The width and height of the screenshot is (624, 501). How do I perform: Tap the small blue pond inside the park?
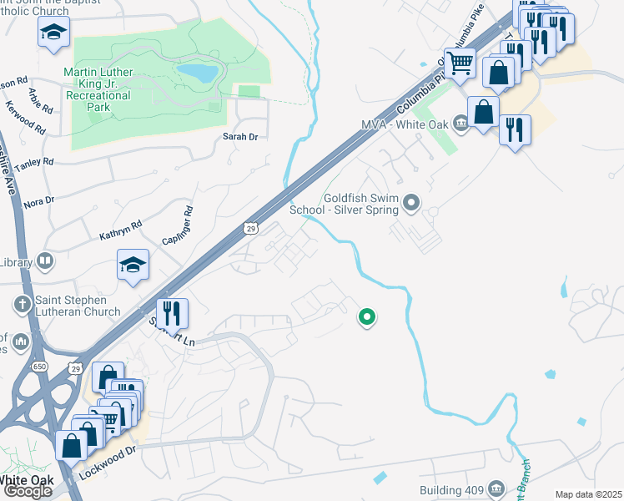tap(196, 73)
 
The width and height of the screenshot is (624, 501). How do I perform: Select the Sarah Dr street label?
tap(238, 136)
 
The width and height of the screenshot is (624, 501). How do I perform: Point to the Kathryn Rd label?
tap(121, 225)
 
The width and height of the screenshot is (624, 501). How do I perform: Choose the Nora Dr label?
tap(39, 201)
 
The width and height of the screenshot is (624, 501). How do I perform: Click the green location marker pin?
tap(366, 317)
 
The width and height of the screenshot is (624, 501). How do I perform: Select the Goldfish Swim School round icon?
tap(410, 202)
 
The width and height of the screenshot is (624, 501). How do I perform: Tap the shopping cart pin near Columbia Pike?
tap(460, 63)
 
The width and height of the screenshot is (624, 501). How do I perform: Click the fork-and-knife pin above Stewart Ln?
tap(172, 313)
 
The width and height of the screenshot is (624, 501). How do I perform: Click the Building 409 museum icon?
tap(496, 487)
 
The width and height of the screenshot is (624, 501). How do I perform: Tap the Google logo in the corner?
tap(28, 491)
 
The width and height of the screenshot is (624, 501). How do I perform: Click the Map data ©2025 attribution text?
tap(588, 494)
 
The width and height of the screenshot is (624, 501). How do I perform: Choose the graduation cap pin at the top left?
tap(53, 33)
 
